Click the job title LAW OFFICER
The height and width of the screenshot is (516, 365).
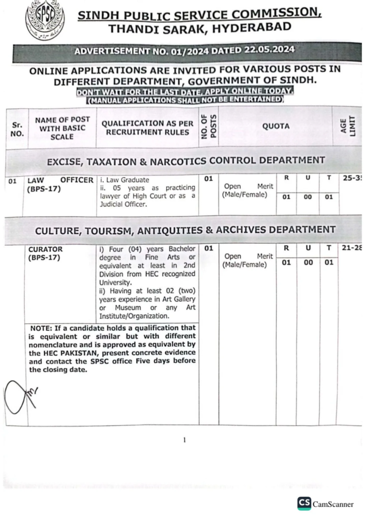click(60, 180)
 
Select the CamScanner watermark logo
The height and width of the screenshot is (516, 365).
click(304, 503)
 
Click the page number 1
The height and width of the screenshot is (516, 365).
click(184, 440)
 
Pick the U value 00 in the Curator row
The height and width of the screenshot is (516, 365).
click(307, 263)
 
